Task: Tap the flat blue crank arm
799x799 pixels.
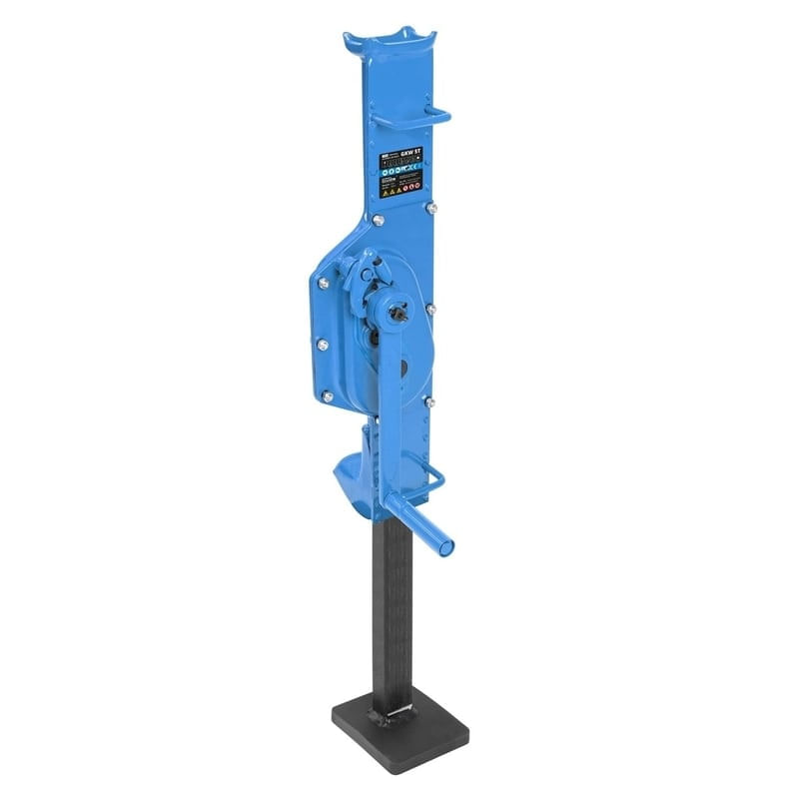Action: click(x=395, y=380)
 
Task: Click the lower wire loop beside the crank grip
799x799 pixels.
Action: click(x=425, y=469)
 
